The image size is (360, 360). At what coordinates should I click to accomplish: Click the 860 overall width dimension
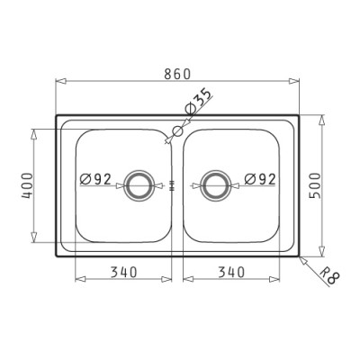click(177, 74)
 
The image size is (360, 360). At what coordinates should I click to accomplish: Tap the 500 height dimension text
click(315, 185)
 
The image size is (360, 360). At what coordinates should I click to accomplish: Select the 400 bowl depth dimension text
click(27, 185)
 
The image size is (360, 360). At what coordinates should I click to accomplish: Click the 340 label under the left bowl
click(124, 272)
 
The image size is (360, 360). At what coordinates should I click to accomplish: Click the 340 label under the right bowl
click(231, 272)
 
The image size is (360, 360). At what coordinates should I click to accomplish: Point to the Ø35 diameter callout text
click(198, 102)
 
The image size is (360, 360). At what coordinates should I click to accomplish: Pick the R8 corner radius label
click(328, 275)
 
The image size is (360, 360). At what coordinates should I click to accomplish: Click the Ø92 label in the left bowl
click(95, 179)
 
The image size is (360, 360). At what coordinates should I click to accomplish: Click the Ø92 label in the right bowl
click(260, 179)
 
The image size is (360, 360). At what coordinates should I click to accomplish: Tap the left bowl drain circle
click(139, 172)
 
